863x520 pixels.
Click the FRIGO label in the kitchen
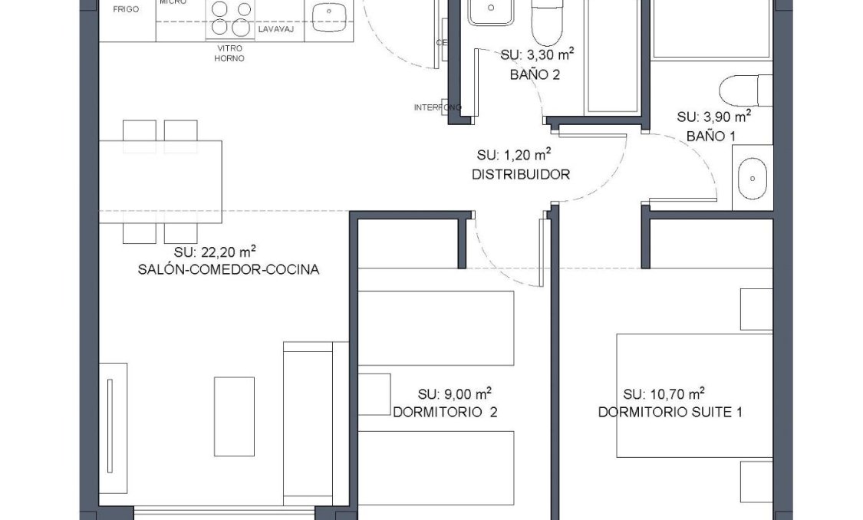click(x=125, y=10)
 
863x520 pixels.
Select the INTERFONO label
click(x=437, y=107)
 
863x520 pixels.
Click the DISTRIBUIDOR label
click(x=521, y=174)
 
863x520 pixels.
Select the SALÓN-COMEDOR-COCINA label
click(x=228, y=269)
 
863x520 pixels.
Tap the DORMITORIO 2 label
click(x=445, y=413)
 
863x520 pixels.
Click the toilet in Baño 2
click(x=548, y=23)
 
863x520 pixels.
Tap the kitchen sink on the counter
click(x=329, y=14)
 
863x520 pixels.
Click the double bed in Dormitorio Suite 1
click(x=694, y=395)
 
